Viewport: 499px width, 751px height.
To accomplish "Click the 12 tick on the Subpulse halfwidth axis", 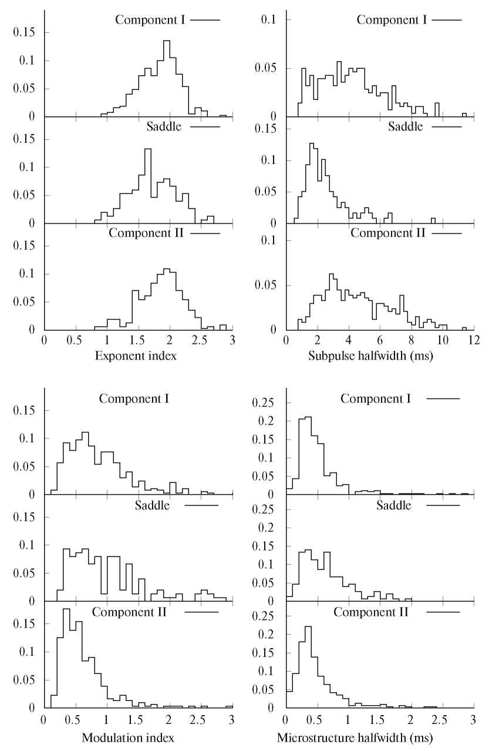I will point(474,340).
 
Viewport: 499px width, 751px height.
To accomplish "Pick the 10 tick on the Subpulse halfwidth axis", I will point(443,340).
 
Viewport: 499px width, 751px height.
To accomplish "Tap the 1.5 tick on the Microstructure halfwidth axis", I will point(379,719).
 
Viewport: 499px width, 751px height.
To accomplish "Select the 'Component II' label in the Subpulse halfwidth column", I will point(387,232).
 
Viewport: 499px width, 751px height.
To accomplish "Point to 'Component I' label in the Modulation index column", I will point(134,398).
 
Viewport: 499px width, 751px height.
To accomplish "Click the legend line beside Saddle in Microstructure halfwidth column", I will point(443,505).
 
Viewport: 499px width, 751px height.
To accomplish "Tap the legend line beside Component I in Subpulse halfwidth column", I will point(446,20).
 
